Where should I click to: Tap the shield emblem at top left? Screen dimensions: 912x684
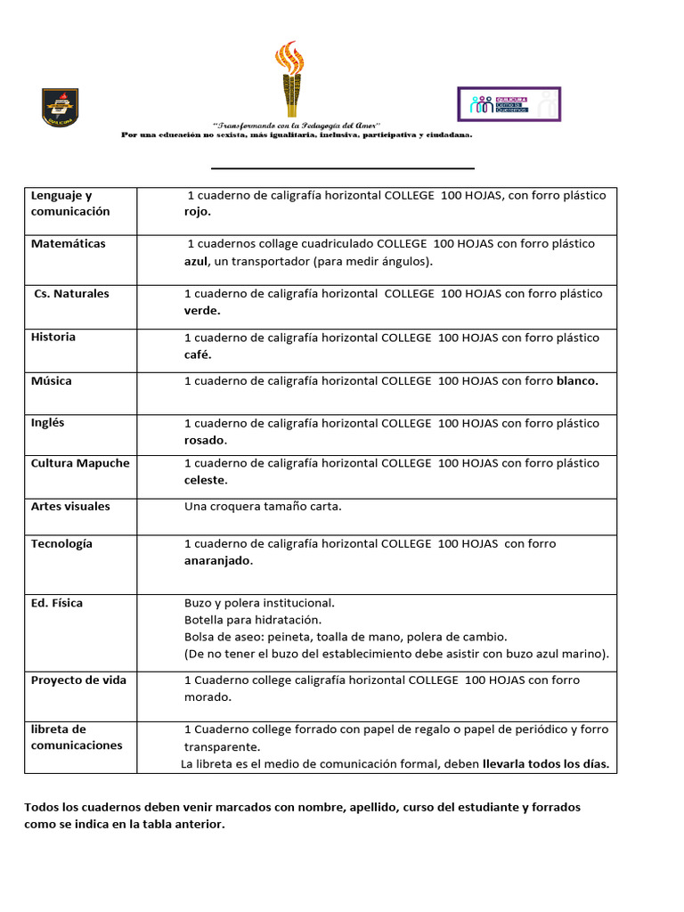click(61, 107)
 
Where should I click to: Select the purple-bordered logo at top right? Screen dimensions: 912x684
click(509, 104)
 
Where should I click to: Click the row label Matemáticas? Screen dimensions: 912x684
click(68, 244)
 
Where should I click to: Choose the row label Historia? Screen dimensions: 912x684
click(53, 338)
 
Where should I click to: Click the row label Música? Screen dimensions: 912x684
click(52, 381)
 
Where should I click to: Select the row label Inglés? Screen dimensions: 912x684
click(48, 423)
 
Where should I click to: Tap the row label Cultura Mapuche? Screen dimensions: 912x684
click(80, 463)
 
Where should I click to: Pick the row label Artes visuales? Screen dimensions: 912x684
click(70, 507)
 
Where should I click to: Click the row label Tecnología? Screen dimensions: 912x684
click(61, 544)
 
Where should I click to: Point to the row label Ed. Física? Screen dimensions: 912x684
click(57, 603)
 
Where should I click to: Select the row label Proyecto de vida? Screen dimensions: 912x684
click(78, 680)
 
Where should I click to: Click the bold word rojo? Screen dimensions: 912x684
click(198, 212)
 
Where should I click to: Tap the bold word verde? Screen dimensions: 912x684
click(202, 311)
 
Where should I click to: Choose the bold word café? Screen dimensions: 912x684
click(198, 354)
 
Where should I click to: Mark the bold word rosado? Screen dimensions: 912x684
click(205, 440)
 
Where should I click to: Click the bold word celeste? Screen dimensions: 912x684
click(206, 480)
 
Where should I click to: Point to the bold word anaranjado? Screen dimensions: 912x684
click(218, 561)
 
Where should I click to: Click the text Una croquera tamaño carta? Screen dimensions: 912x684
click(263, 507)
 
